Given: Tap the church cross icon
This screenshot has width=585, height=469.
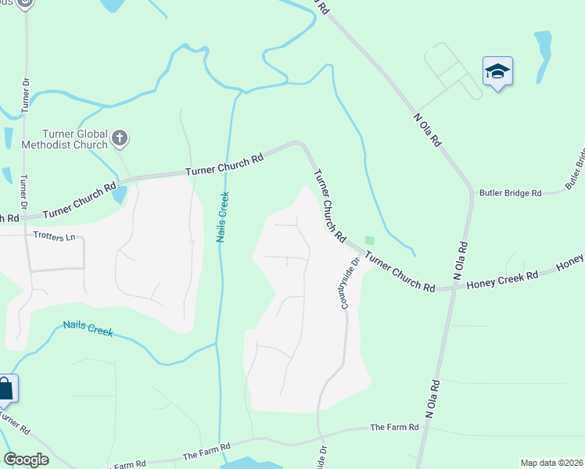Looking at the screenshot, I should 120,139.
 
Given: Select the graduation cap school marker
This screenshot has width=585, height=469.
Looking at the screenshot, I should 497,73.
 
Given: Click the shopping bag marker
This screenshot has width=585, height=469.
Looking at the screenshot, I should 5,389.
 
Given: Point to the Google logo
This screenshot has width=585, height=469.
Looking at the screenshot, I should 26,460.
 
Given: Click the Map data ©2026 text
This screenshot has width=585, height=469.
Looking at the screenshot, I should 551,463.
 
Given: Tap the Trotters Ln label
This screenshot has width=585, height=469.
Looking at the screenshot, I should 54,235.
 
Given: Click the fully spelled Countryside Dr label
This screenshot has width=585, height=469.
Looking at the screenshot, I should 348,283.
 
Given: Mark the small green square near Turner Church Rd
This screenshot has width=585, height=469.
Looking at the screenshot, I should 369,241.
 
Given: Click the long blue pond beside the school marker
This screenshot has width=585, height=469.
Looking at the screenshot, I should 542,56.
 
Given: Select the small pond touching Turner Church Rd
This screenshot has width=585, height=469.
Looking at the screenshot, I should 118,194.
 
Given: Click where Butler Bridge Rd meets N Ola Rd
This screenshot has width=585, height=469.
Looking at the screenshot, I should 472,192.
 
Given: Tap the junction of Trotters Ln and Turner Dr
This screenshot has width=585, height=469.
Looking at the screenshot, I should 26,235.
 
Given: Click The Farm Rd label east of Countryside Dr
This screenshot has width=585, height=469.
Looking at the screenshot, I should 395,427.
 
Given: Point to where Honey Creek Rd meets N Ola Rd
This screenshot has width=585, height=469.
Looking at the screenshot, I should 454,288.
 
